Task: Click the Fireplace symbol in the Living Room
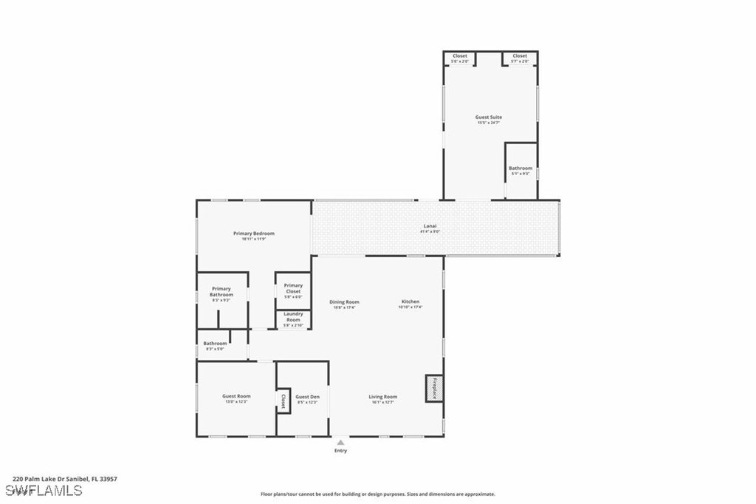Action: coord(434,389)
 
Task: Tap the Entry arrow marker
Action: coord(340,443)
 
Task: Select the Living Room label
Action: coord(383,398)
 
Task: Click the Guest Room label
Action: coord(236,398)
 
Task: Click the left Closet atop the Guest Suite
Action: coord(460,57)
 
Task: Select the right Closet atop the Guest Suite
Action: coord(520,57)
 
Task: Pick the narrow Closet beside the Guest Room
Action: coord(282,401)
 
